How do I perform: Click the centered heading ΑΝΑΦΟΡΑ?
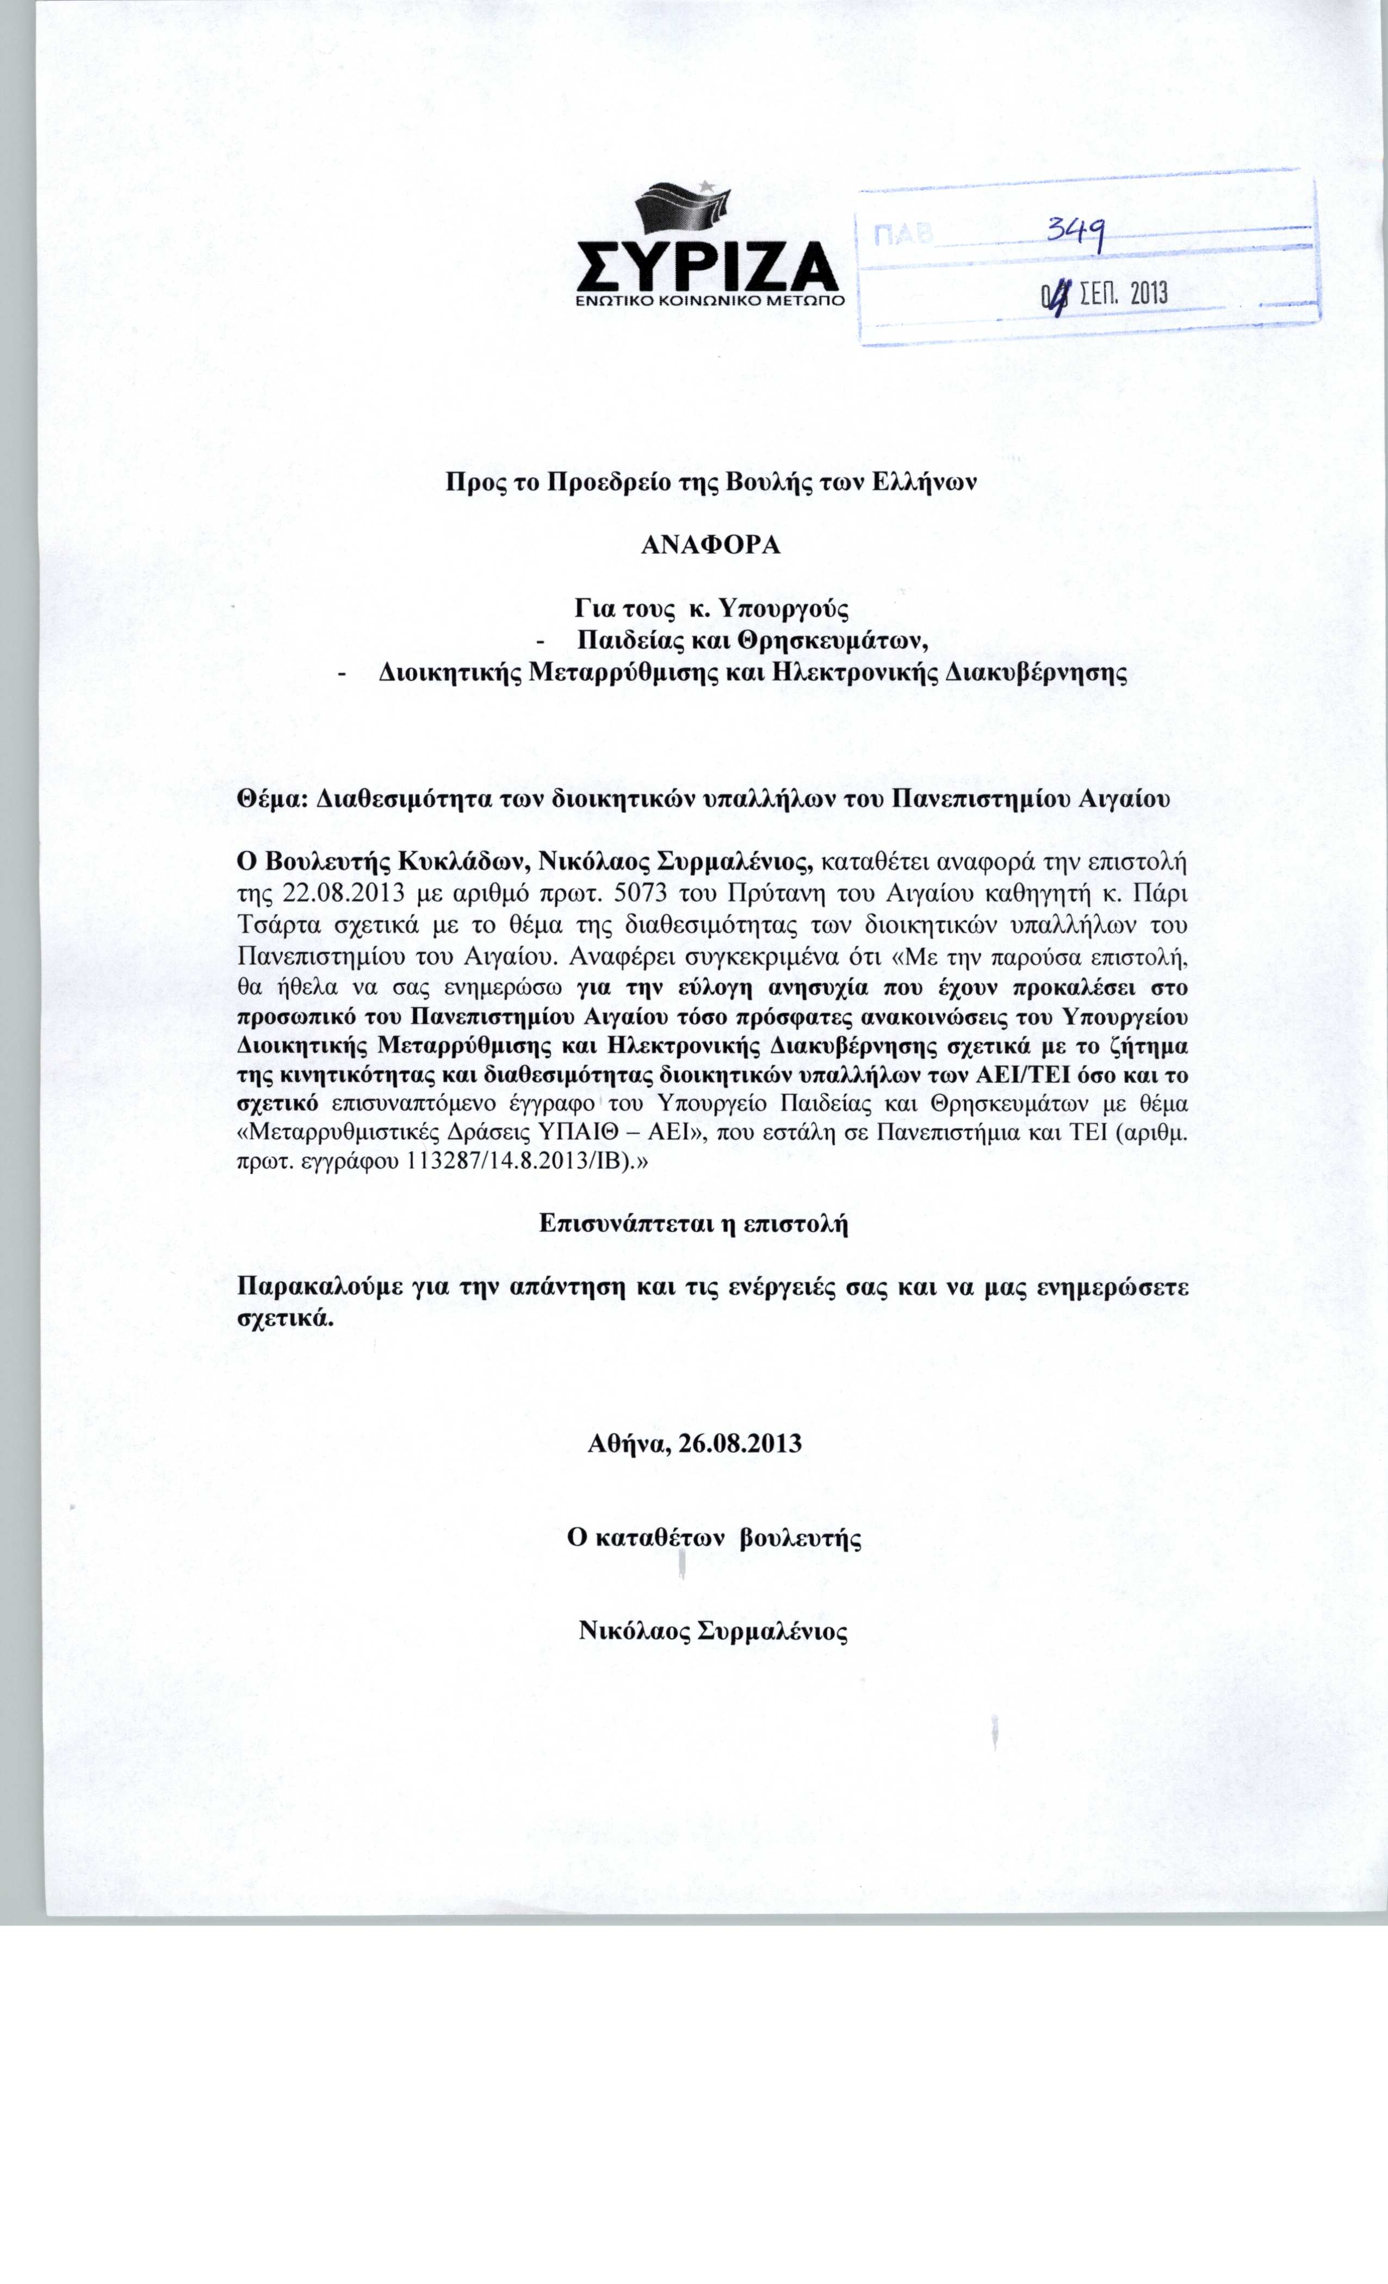(711, 545)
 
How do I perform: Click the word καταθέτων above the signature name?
(658, 1538)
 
